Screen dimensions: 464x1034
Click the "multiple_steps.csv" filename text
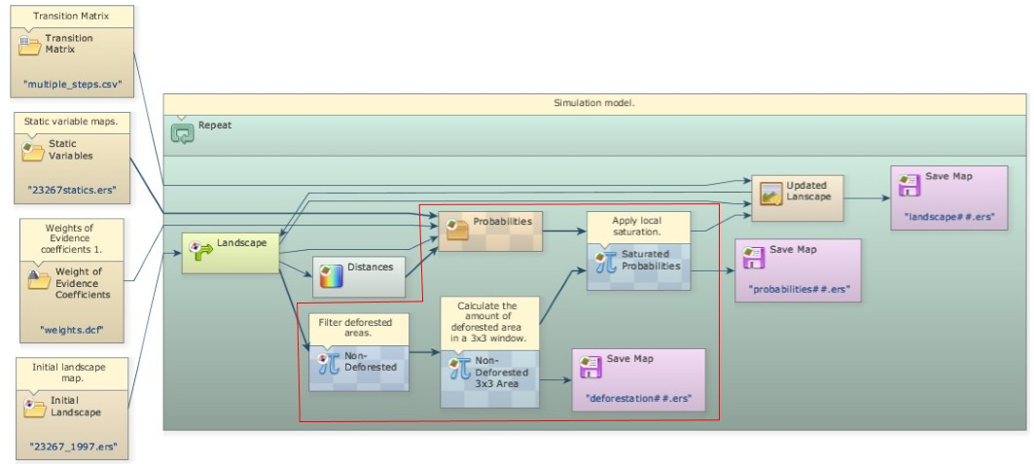[73, 85]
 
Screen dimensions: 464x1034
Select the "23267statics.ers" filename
[73, 191]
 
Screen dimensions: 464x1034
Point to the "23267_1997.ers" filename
[73, 446]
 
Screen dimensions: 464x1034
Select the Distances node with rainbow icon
[358, 276]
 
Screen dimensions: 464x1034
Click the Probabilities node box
[490, 231]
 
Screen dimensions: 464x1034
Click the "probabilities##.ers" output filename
[798, 289]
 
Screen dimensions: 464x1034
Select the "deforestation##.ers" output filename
[637, 398]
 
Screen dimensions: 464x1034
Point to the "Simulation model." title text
[593, 103]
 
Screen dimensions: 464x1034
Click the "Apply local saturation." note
[638, 227]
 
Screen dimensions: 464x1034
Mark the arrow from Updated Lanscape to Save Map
[867, 197]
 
